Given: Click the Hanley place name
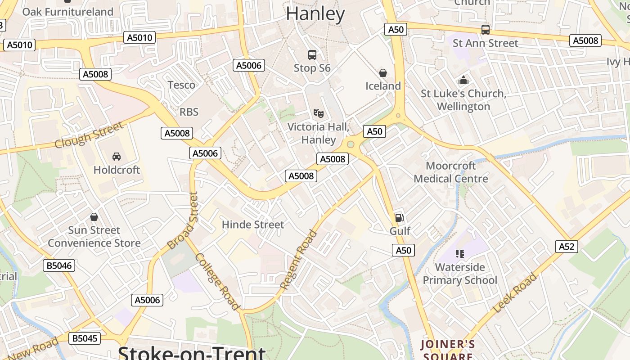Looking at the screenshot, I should [x=315, y=14].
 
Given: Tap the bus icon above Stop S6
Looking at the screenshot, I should [x=312, y=55].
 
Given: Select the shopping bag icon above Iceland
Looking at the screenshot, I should [x=383, y=72].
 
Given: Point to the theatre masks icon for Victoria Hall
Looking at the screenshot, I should [x=318, y=113].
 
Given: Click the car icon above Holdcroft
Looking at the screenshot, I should [x=117, y=156].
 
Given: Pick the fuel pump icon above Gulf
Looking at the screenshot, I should [x=399, y=218].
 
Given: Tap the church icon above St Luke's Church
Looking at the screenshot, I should [x=463, y=81].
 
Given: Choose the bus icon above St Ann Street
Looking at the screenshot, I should [x=486, y=30].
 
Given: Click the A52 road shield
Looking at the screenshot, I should [x=567, y=246].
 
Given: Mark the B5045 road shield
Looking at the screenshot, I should [x=85, y=338].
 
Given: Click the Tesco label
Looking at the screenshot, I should [x=181, y=85].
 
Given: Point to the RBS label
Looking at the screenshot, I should [x=189, y=112].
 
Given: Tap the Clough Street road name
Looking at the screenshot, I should [x=89, y=135].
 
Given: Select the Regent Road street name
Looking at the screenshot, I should [x=298, y=260].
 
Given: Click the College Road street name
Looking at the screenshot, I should [x=217, y=282].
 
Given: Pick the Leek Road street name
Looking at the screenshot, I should [x=515, y=293].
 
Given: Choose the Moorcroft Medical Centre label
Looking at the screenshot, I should [x=451, y=172].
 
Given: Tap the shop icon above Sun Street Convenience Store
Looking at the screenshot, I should [x=94, y=217].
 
